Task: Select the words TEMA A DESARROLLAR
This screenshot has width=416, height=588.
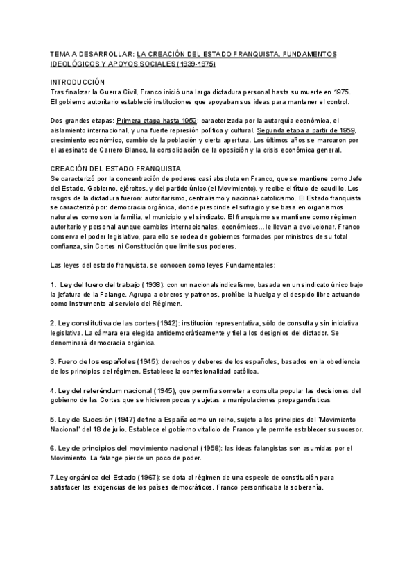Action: point(92,53)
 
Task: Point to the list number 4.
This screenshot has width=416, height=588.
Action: point(53,390)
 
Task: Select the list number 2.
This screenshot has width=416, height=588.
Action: point(53,323)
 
